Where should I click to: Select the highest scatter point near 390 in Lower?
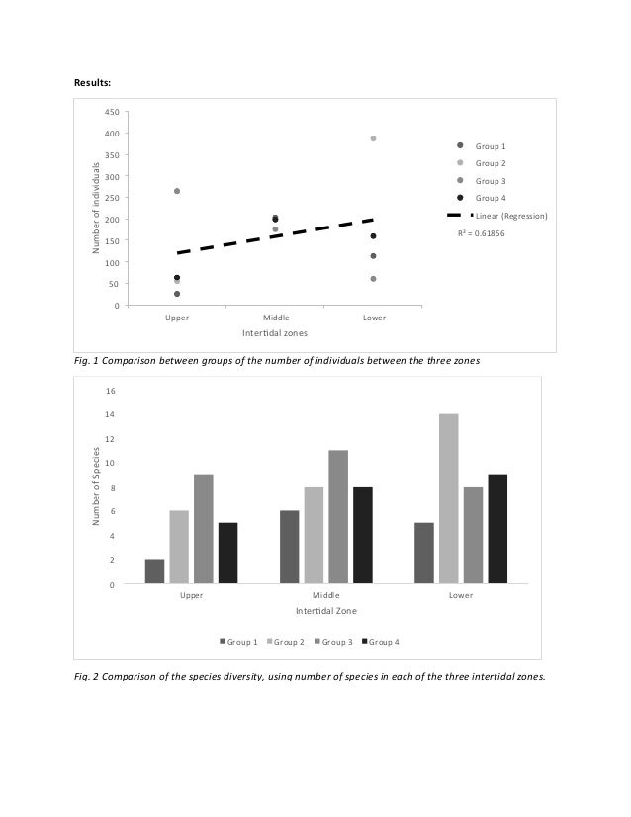[373, 138]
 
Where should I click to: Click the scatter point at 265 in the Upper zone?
[177, 191]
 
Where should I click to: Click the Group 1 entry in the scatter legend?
[490, 145]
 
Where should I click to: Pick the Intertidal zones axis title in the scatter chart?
[275, 333]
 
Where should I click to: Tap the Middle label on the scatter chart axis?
[275, 318]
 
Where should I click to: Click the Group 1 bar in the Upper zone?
[155, 572]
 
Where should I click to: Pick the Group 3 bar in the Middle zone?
[338, 517]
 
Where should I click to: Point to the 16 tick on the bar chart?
[110, 391]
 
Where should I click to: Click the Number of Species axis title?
[97, 487]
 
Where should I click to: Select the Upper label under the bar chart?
[191, 596]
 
